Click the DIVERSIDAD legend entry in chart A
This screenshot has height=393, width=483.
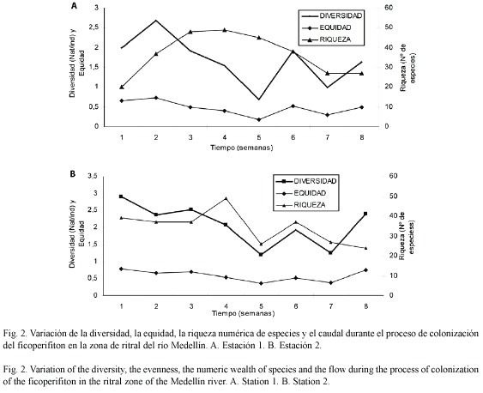click(332, 15)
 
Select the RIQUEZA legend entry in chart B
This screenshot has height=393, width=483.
click(306, 205)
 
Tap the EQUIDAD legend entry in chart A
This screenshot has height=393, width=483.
click(327, 27)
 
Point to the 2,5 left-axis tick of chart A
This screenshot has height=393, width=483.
click(93, 27)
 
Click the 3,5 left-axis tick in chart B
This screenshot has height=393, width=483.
click(93, 176)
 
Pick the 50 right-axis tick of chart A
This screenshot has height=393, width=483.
click(389, 27)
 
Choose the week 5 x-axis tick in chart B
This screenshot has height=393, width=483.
click(261, 306)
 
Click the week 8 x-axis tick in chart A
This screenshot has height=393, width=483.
click(362, 137)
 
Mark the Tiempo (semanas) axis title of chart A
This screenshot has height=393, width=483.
click(242, 148)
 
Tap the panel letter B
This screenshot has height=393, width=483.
click(73, 174)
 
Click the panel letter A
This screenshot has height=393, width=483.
click(74, 5)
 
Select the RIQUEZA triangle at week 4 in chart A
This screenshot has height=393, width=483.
click(225, 30)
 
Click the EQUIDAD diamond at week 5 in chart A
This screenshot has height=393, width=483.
click(259, 119)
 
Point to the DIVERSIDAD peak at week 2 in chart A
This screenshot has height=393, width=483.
click(156, 21)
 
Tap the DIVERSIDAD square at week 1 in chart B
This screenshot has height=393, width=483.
click(121, 196)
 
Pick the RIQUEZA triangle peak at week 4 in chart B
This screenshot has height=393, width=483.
click(226, 198)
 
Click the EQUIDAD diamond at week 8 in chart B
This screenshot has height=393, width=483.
click(366, 269)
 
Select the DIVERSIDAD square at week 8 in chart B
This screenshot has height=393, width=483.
click(365, 214)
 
